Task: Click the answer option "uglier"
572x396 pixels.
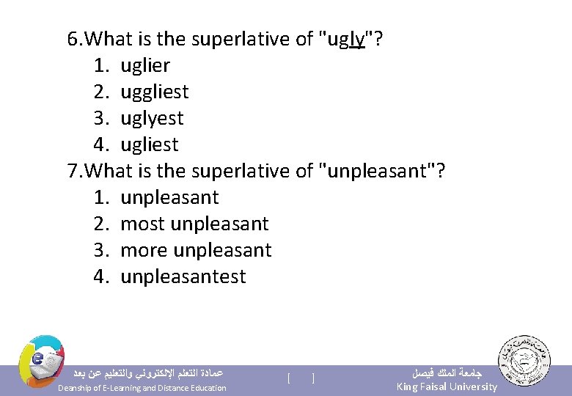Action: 144,65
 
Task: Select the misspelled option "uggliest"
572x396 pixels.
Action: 154,92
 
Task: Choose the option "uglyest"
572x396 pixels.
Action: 152,118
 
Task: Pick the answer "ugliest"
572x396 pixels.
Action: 149,144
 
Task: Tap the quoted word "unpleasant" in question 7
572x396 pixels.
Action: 378,171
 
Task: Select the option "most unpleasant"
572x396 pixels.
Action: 194,224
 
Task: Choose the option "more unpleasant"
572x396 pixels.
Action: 196,250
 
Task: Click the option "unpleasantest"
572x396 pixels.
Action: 183,276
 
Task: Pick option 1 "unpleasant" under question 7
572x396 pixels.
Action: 169,197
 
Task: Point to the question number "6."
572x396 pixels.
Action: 76,39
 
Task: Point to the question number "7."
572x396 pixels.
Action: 76,171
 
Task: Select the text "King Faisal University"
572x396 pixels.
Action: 446,386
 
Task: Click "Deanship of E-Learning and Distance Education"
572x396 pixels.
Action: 142,388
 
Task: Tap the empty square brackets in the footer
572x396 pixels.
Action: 301,378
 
